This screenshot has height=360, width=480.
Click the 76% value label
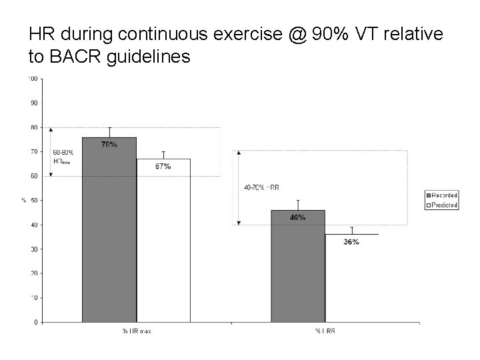[109, 145]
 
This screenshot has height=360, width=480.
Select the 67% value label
[163, 166]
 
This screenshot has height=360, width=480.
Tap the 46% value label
[297, 217]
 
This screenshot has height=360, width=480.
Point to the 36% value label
[351, 242]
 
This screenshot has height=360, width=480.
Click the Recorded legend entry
[441, 195]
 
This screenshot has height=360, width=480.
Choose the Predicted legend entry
[441, 205]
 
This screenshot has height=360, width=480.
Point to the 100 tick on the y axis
[32, 79]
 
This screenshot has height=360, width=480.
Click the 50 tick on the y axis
[33, 200]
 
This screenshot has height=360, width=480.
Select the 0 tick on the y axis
[35, 322]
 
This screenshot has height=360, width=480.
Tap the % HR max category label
[136, 331]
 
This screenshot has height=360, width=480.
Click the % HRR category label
[325, 331]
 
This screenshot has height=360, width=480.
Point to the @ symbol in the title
[298, 33]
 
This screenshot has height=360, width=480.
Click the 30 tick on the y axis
[33, 249]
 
